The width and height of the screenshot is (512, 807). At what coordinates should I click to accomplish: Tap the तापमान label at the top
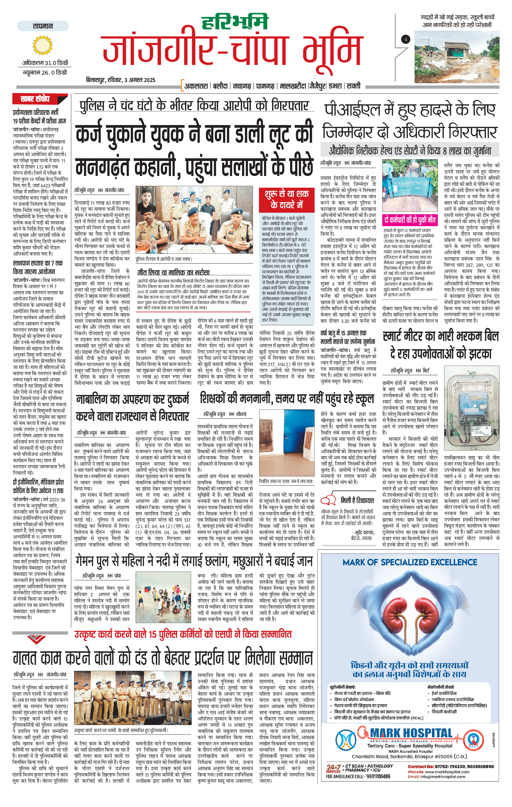pos(43,26)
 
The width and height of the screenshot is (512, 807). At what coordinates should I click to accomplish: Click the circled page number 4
pos(406,39)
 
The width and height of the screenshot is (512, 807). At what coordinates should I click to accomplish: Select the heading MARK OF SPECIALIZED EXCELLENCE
pos(409,562)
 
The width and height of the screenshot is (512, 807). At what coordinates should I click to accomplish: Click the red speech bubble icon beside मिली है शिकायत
pos(328,500)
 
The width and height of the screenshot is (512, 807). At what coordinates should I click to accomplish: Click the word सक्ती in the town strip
pos(353,86)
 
